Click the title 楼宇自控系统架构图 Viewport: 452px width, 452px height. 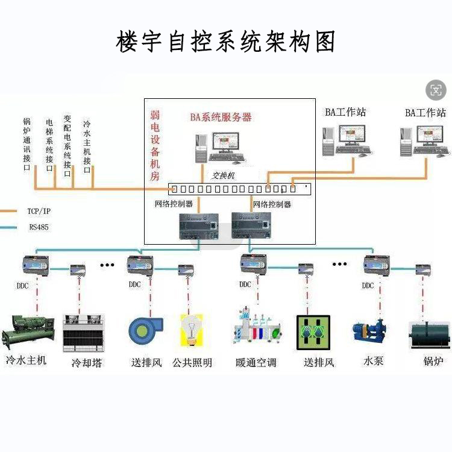pyautogui.click(x=225, y=42)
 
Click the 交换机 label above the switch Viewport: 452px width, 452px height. pyautogui.click(x=222, y=176)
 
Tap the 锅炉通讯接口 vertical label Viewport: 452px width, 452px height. pyautogui.click(x=27, y=145)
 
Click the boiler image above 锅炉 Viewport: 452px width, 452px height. pyautogui.click(x=429, y=334)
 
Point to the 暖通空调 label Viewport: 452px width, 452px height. pyautogui.click(x=256, y=363)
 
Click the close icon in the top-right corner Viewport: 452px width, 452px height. pyautogui.click(x=436, y=90)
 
